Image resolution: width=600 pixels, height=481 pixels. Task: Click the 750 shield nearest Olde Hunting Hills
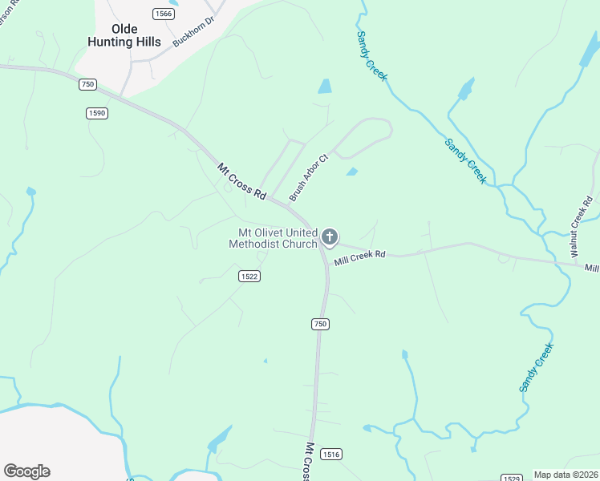[87, 84]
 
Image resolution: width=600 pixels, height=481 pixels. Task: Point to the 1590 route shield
[97, 113]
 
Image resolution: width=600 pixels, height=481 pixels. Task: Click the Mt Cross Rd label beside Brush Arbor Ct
[241, 181]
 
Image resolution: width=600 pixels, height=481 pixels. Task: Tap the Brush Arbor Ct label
[309, 178]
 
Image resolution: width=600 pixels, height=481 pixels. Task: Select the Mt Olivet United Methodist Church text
[274, 238]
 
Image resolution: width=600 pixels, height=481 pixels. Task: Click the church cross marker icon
[329, 236]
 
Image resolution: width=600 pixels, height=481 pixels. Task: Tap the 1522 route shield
[249, 276]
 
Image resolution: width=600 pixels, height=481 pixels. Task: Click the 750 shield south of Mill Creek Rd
[320, 323]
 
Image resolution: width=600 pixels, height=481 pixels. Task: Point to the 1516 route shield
[331, 454]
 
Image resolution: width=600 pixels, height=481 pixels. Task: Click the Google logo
[26, 471]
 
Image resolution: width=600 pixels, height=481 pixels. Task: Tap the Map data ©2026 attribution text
[566, 475]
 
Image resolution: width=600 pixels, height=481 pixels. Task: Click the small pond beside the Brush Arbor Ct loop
[351, 172]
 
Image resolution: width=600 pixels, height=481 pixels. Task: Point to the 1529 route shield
[512, 478]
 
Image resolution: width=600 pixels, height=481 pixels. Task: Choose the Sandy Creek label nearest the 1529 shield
[535, 367]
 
